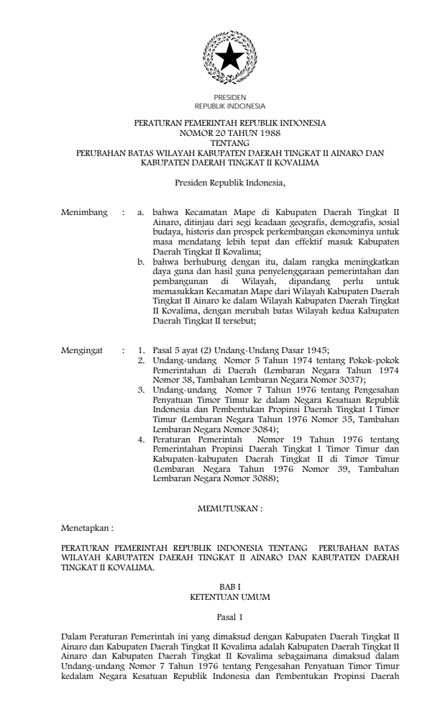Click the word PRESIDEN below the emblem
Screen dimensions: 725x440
(x=230, y=97)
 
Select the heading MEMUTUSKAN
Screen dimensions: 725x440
(x=230, y=509)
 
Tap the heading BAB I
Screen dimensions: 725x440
(x=230, y=588)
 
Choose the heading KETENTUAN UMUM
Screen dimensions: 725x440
(x=230, y=597)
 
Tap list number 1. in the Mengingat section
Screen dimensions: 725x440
(x=142, y=351)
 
